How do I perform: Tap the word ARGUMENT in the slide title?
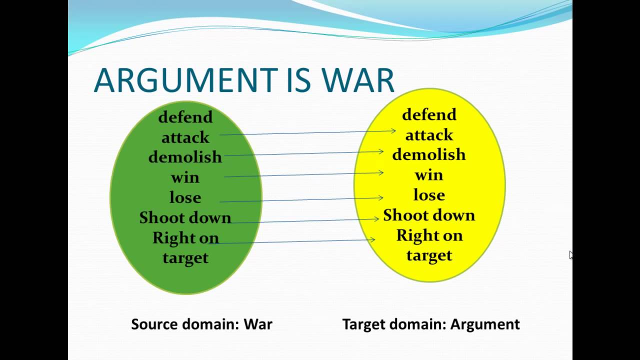point(185,79)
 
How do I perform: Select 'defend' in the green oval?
point(185,117)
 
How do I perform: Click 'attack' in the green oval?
point(185,137)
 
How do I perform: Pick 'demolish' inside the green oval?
point(185,157)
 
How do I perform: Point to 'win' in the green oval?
point(185,177)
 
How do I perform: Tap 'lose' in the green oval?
point(185,197)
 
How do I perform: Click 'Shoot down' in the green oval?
point(185,217)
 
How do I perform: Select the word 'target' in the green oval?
point(185,258)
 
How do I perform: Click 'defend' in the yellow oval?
point(429,114)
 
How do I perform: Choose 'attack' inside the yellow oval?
point(429,135)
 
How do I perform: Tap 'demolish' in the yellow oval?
point(429,154)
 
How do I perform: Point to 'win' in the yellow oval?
point(429,175)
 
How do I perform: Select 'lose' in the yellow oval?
point(429,195)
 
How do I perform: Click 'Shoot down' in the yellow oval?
point(429,215)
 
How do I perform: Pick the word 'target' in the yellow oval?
point(429,255)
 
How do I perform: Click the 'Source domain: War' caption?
point(201,324)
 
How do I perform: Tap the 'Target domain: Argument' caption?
point(431,324)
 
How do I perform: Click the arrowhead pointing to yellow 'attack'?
point(393,131)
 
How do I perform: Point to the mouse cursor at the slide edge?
point(571,255)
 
